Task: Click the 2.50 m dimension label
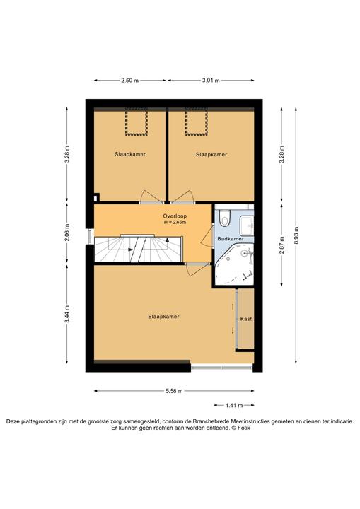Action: coord(130,81)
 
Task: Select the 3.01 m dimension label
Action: coord(211,81)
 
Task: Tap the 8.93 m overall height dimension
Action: coord(296,235)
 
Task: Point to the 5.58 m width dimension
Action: coord(174,391)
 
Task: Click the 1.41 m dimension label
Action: coord(234,405)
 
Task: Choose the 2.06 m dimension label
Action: coord(67,233)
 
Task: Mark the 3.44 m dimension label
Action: coord(67,314)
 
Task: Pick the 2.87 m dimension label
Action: coord(281,245)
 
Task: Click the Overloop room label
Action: coord(175,216)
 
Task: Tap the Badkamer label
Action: coord(231,239)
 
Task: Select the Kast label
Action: coord(246,319)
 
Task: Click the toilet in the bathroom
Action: coord(224,218)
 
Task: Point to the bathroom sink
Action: coord(246,226)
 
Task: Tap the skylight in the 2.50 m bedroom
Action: coord(137,122)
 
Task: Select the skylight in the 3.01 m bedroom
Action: coord(196,122)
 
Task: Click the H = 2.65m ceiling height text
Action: coord(175,223)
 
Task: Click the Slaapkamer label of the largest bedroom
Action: coord(163,317)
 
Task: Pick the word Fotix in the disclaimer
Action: coord(244,428)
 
